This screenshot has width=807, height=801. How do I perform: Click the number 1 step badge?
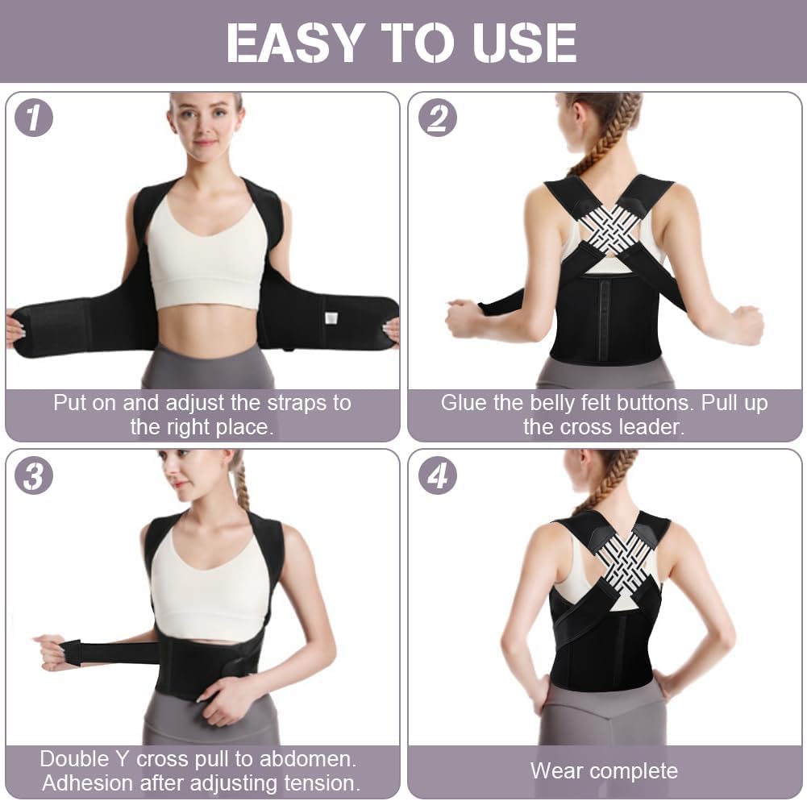tap(34, 118)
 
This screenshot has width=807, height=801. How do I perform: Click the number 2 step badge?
tap(437, 118)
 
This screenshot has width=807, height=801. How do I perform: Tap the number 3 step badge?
tap(34, 475)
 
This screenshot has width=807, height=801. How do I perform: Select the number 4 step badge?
tap(437, 475)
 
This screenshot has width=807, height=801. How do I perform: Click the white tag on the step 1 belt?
tap(330, 317)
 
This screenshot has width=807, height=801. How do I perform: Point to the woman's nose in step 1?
tap(206, 127)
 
